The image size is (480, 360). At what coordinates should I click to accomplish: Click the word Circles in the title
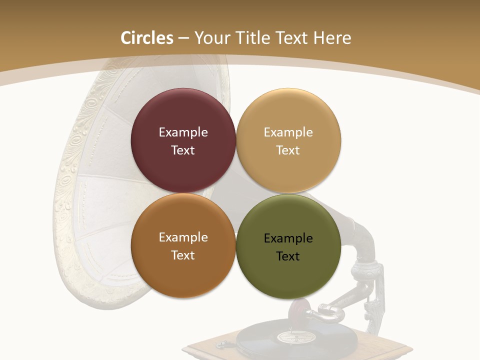click(x=147, y=38)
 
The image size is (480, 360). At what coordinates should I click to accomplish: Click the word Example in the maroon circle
click(x=183, y=132)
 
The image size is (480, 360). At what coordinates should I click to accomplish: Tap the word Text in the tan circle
click(x=288, y=150)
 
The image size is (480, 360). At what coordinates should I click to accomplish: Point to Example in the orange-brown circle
click(x=183, y=237)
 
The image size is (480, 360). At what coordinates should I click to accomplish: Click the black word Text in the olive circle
click(x=288, y=256)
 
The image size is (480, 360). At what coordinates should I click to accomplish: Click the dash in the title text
click(x=183, y=38)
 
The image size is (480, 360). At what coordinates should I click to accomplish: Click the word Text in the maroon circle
click(x=183, y=150)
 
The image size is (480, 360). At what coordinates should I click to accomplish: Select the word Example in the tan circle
click(x=288, y=132)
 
